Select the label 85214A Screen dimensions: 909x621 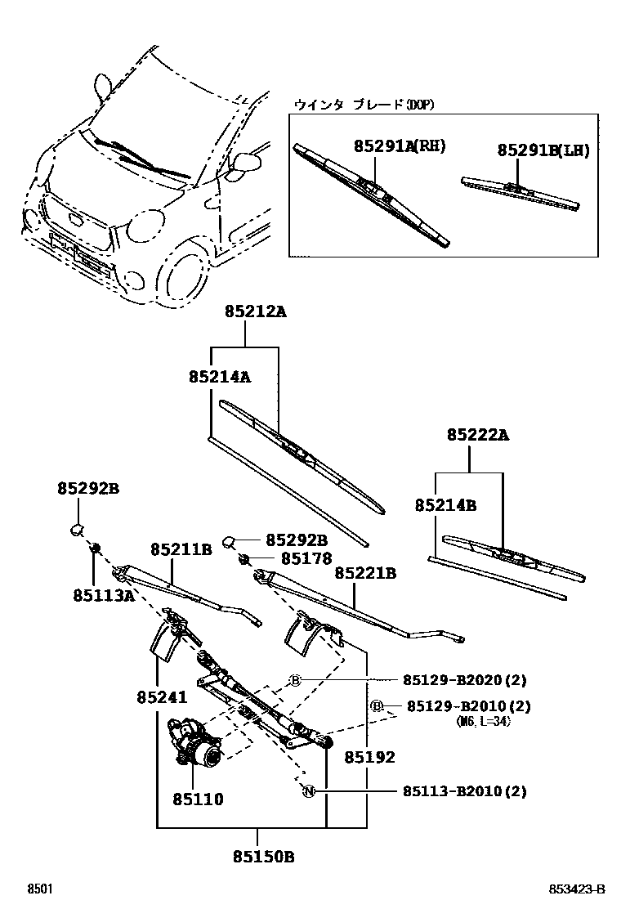coord(219,377)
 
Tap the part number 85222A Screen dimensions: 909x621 coord(477,436)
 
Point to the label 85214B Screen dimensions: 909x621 coord(445,506)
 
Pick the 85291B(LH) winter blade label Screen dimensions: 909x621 coord(543,150)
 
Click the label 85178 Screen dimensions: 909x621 coord(306,559)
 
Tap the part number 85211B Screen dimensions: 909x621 coord(181,549)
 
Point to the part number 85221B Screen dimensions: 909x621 coord(365,574)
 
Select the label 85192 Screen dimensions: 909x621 coord(369,758)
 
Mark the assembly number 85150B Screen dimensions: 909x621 coord(263,858)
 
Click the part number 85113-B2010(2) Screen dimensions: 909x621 coord(464,791)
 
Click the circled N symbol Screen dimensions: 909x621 coord(309,791)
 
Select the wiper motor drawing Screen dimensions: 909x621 coord(196,742)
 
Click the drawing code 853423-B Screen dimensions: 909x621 coord(577,889)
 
